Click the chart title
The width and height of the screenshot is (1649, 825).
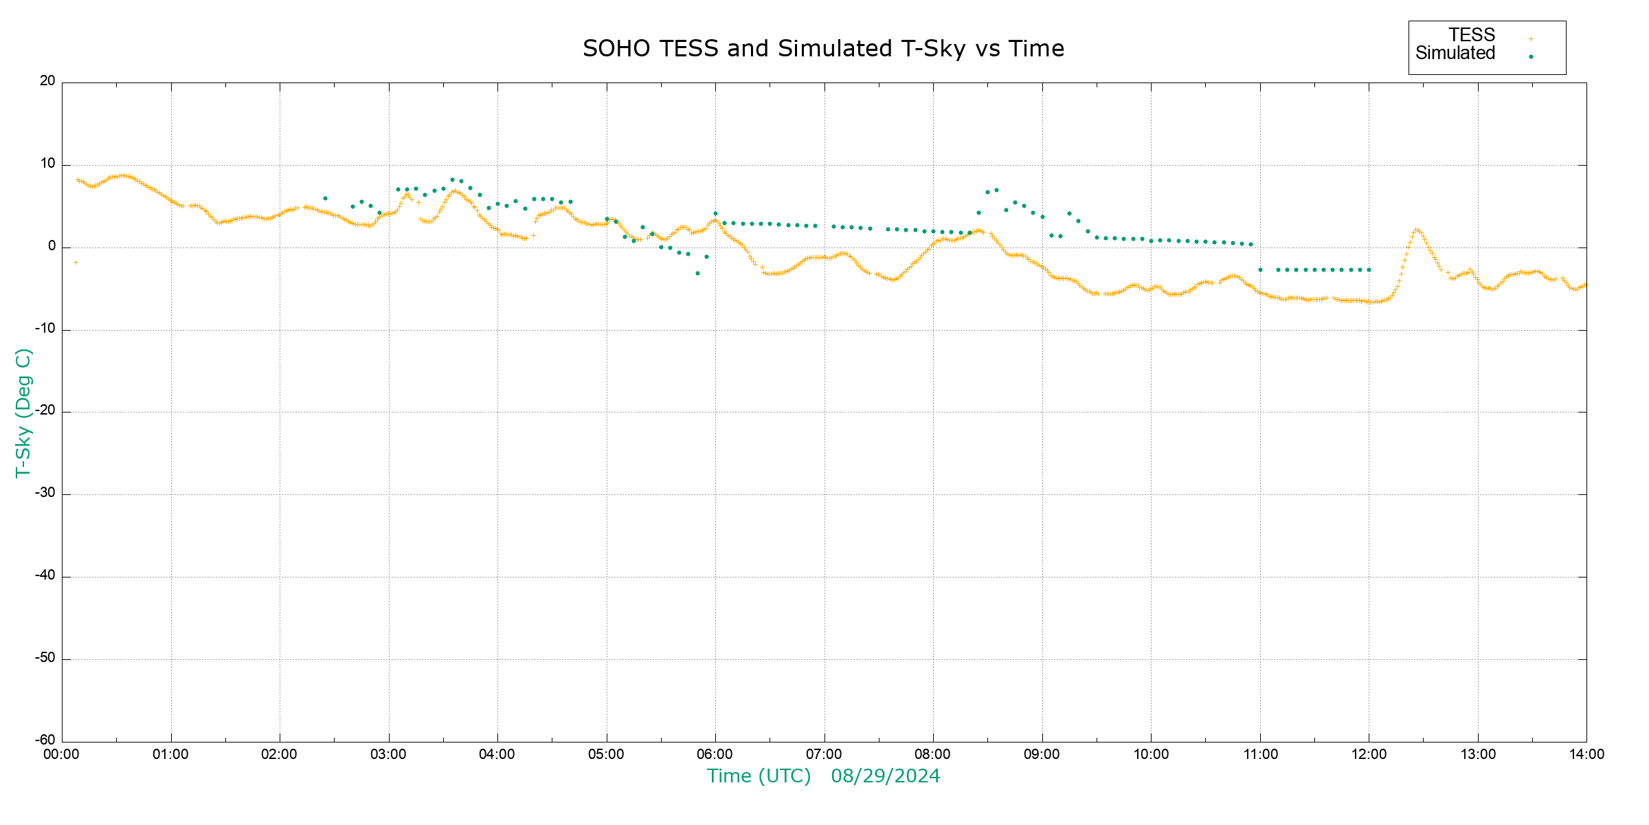[823, 49]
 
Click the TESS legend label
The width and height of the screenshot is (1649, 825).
[1472, 35]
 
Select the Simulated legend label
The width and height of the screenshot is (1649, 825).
[1455, 54]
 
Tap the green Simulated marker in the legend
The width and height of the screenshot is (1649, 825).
[1531, 57]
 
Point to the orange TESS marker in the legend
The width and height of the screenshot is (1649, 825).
[1531, 39]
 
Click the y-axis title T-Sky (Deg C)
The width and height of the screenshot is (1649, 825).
[23, 412]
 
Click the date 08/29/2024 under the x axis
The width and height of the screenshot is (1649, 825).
[885, 776]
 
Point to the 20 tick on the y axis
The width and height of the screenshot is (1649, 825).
[47, 81]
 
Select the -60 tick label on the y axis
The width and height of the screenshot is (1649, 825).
[45, 740]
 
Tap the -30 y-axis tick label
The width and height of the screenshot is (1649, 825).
[45, 493]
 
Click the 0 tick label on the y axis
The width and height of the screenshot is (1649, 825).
[52, 246]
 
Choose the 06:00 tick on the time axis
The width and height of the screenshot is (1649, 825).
[715, 754]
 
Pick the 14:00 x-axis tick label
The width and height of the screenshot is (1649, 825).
[1586, 754]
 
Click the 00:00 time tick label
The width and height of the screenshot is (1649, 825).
[62, 754]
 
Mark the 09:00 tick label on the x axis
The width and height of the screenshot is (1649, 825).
[1042, 754]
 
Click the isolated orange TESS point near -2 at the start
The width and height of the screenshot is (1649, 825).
[76, 262]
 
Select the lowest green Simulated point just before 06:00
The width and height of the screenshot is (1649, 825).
[697, 274]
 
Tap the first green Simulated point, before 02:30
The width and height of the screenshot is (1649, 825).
[325, 199]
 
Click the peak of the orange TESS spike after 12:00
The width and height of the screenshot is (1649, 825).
[1416, 230]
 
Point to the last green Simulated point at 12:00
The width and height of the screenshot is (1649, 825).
[1369, 270]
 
